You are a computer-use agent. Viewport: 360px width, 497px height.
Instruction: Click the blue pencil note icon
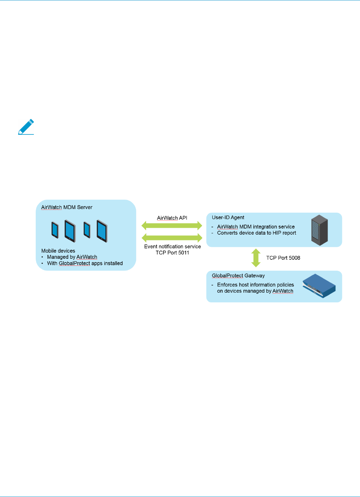click(26, 127)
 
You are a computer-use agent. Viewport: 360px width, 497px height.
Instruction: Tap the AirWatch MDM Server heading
click(67, 207)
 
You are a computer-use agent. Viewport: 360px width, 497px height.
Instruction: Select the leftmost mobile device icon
click(55, 230)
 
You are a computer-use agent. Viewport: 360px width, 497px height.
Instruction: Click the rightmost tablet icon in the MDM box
click(102, 231)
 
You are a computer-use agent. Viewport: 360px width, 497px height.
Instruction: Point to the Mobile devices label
click(58, 251)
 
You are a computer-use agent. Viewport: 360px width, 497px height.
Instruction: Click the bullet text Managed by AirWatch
click(72, 257)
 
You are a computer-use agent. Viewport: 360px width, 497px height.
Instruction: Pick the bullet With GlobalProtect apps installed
click(85, 263)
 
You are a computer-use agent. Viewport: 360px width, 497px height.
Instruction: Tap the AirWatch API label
click(172, 218)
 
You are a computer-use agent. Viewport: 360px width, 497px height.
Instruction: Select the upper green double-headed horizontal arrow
click(172, 226)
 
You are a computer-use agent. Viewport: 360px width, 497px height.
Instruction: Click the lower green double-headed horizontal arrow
click(172, 238)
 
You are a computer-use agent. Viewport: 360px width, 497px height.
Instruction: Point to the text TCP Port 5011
click(172, 253)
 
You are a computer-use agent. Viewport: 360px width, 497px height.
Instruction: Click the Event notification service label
click(172, 247)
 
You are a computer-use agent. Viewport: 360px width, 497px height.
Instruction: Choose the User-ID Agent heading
click(228, 217)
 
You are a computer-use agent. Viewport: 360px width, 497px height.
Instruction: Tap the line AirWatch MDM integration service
click(256, 227)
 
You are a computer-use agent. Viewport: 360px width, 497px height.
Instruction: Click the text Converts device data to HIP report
click(256, 233)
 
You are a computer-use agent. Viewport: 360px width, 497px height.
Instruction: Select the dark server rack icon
click(320, 230)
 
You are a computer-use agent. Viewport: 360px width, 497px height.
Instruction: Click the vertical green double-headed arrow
click(256, 258)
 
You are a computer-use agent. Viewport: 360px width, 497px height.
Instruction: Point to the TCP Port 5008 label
click(283, 258)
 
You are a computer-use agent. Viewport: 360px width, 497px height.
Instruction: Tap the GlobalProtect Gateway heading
click(238, 276)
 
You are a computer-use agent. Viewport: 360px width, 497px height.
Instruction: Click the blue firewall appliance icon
click(319, 286)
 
